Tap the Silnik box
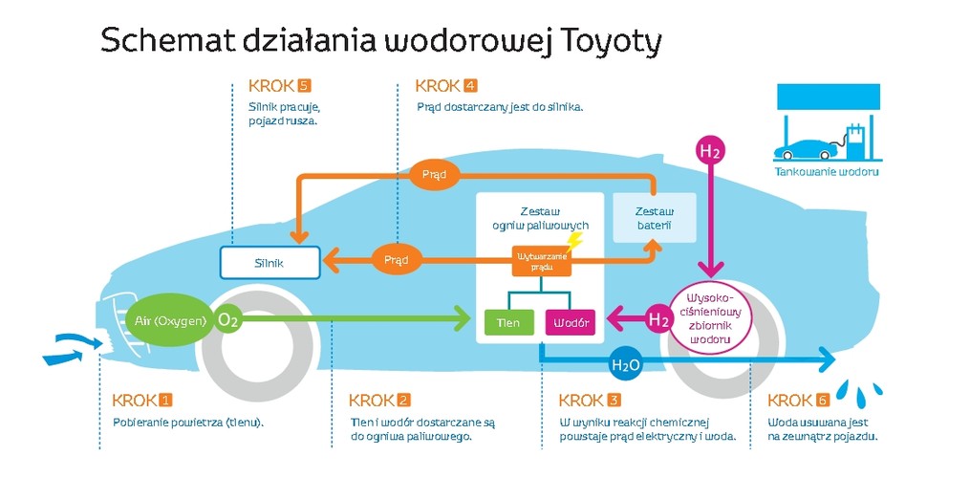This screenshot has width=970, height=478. click(x=269, y=260)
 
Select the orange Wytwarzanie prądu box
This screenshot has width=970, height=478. click(x=541, y=261)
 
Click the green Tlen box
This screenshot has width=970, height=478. click(x=508, y=322)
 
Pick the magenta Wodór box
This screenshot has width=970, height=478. click(x=571, y=322)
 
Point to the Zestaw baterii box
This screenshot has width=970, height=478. click(x=655, y=217)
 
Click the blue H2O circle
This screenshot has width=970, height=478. click(x=625, y=363)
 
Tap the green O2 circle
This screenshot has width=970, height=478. click(x=228, y=320)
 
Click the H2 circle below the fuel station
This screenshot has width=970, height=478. click(x=709, y=151)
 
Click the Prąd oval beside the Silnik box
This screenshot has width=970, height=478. click(x=396, y=259)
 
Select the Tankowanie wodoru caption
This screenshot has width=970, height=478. click(x=826, y=172)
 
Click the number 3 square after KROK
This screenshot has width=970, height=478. click(x=614, y=400)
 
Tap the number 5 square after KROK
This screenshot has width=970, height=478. click(x=304, y=86)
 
